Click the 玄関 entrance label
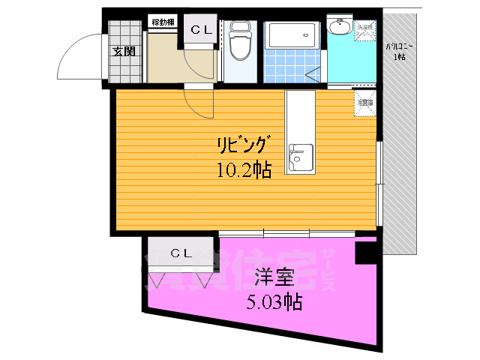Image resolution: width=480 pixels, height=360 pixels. coord(124,52)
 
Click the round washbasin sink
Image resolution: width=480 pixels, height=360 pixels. coord(339,28)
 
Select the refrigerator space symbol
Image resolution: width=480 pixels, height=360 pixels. coord(366,104)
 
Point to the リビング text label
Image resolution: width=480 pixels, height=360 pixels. coord(241,145)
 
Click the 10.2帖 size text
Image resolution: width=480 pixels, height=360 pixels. coord(243,170)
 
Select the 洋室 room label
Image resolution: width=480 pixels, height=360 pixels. coord(271,277)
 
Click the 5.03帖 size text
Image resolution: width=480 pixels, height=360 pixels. coord(274,302)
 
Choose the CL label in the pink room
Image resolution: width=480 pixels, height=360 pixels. coord(180,252)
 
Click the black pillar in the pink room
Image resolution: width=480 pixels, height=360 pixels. coord(366,252)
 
